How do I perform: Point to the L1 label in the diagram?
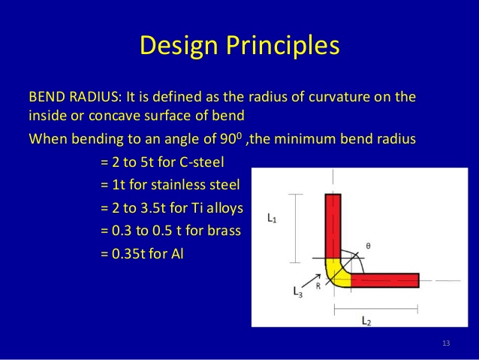[273, 218]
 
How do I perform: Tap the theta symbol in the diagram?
[367, 245]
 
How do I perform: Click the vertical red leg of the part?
[333, 225]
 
